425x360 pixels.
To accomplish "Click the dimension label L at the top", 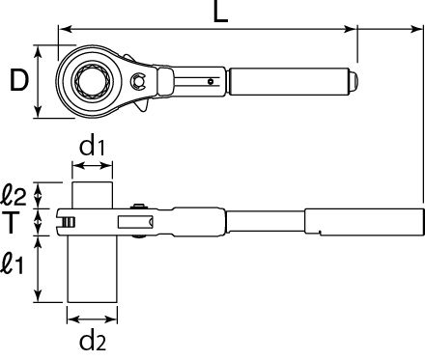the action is pyautogui.click(x=221, y=12).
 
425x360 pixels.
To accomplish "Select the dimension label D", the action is pyautogui.click(x=19, y=80).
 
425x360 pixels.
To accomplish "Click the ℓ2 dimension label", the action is pyautogui.click(x=14, y=195).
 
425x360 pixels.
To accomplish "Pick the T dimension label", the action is pyautogui.click(x=11, y=222).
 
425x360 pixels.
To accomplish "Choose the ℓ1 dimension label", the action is pyautogui.click(x=13, y=263).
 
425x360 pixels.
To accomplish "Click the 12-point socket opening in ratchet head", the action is pyautogui.click(x=92, y=80).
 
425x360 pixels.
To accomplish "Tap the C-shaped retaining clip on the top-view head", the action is pyautogui.click(x=138, y=80).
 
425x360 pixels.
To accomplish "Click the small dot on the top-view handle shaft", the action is pyautogui.click(x=211, y=81).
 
